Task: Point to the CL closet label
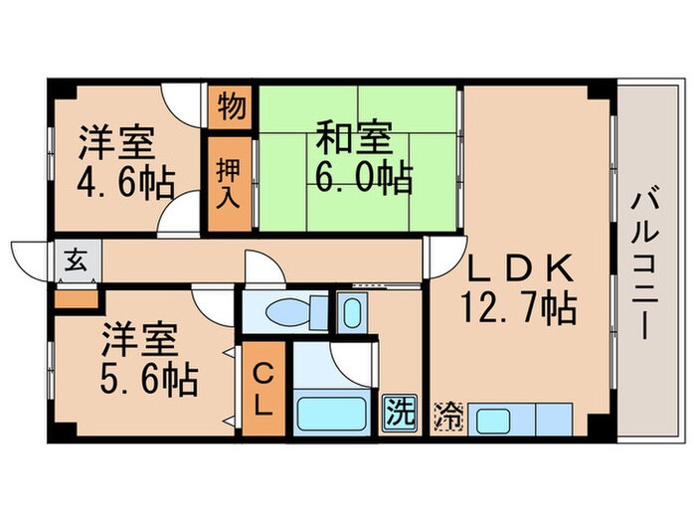click(262, 390)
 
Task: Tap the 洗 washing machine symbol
click(397, 409)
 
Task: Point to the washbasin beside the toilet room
click(351, 311)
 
